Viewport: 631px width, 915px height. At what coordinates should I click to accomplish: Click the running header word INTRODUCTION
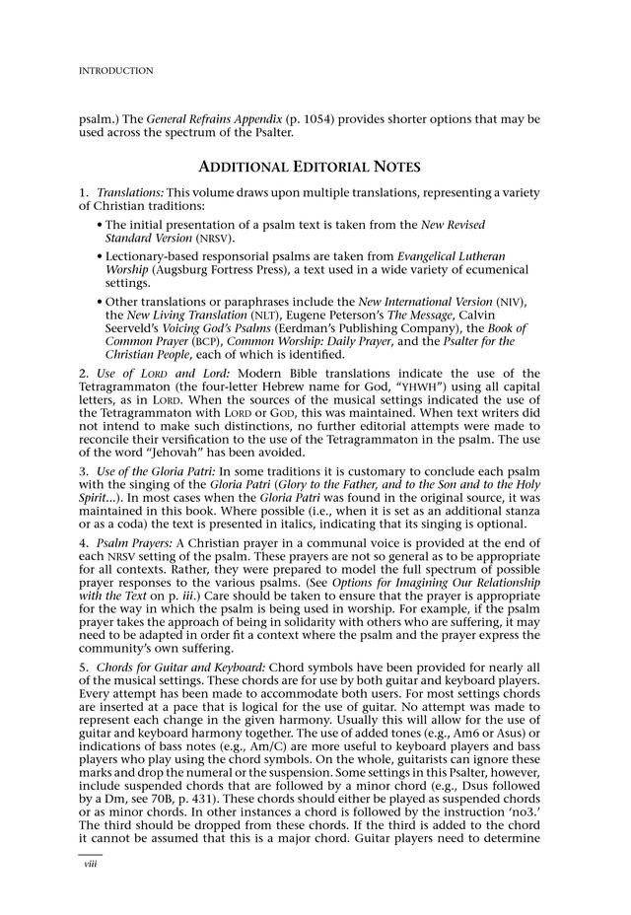click(x=115, y=71)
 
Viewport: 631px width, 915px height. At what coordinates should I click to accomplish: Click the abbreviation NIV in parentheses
click(x=510, y=300)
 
